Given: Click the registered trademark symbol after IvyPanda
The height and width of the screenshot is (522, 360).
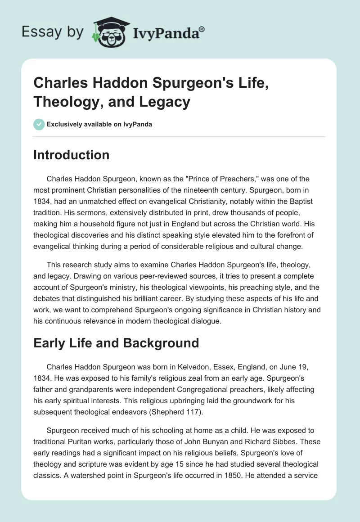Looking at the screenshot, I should click(x=202, y=29).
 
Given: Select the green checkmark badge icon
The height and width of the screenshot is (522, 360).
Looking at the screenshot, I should click(x=39, y=124).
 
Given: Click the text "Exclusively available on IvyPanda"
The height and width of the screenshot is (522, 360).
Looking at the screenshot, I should click(x=99, y=124).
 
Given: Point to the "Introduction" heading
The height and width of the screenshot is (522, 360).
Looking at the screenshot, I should click(x=72, y=155).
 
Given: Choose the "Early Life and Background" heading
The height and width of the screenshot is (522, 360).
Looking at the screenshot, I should click(x=116, y=343).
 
